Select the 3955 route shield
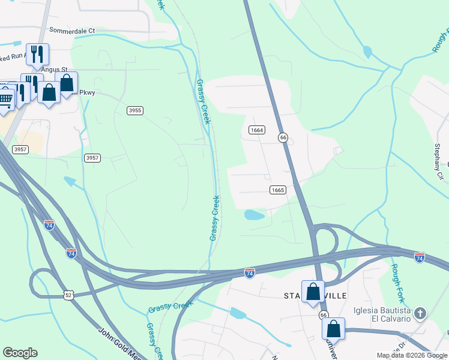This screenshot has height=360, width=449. click(135, 110)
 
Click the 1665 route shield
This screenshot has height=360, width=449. click(277, 190)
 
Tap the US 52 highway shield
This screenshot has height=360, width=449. click(68, 294)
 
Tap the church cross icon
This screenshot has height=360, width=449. click(420, 313)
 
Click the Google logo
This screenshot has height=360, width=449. click(20, 353)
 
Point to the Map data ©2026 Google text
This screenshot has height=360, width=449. click(411, 355)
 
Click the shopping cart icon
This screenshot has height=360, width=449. click(5, 98)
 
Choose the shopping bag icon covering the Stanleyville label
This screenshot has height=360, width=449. click(313, 292)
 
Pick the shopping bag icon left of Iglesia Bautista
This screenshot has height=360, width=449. click(333, 329)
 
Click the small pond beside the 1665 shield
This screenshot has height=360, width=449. click(254, 215)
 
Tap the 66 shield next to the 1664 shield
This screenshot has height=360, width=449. click(283, 137)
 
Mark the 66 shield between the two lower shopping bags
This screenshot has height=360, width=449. click(324, 315)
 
